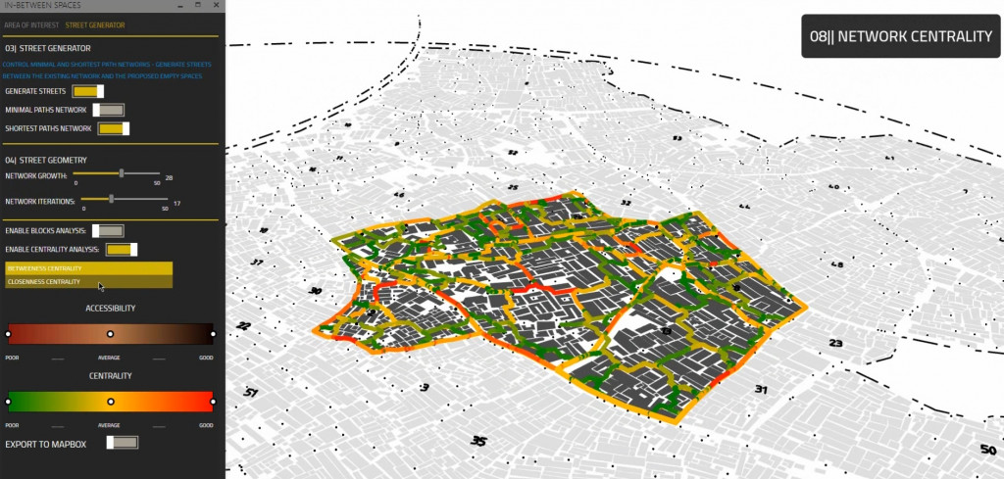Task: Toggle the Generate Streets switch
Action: pos(88,91)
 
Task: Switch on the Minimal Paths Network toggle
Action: pos(108,110)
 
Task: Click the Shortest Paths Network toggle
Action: pos(113,128)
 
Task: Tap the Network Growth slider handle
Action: pos(122,173)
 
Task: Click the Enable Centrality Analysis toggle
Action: pos(121,250)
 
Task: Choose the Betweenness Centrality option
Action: pos(88,268)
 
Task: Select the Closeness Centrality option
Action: pos(88,282)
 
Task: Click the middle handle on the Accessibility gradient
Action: pos(111,334)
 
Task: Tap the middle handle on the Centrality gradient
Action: pos(111,402)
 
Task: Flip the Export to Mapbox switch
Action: pos(123,443)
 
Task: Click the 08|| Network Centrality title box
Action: pos(900,36)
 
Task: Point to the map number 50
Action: pos(986,450)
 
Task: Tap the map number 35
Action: pos(478,441)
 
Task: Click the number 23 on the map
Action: pos(835,343)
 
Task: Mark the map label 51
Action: pos(251,392)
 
